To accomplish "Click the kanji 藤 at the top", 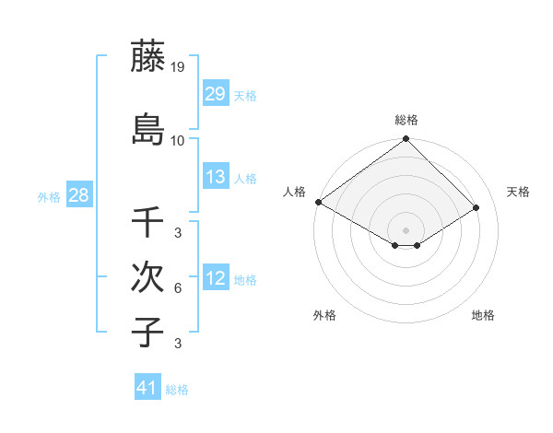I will point(147,58).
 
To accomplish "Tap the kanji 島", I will point(147,130).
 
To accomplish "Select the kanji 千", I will point(147,222).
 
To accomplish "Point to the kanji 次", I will point(147,276).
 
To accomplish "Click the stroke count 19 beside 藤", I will point(178,66).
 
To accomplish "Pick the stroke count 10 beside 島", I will point(178,140).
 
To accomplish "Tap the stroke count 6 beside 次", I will point(178,288).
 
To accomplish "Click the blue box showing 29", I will point(215,94).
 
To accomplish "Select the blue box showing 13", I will point(215,177).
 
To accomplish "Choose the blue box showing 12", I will point(215,278).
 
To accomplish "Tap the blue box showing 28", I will point(78,195).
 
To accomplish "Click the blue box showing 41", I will point(147,388).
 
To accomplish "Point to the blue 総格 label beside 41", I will point(177,390).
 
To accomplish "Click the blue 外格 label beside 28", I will point(49,196).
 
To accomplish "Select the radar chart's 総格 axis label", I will point(406,120).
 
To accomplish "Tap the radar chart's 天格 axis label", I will point(519,192).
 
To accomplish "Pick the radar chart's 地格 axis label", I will point(483,315).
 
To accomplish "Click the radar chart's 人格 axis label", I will point(294,192).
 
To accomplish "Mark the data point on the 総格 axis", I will point(406,140).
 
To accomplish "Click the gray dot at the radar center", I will point(406,229).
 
